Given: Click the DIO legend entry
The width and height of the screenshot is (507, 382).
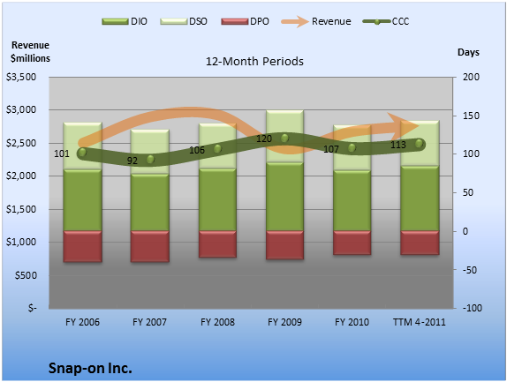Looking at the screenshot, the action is [125, 22].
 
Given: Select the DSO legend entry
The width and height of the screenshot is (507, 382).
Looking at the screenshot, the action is [184, 22].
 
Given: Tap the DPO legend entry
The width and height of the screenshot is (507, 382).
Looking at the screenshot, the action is [245, 22].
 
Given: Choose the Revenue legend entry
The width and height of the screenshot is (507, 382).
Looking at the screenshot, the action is [316, 22].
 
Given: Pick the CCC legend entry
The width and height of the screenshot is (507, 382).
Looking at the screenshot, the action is [386, 22].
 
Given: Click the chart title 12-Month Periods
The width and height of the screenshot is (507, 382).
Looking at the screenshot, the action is [254, 62].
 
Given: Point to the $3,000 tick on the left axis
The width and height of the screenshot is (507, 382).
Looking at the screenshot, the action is [21, 109].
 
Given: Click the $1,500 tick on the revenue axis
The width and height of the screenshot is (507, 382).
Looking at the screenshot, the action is [21, 209].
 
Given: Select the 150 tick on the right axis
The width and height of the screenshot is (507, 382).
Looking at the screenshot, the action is [471, 116].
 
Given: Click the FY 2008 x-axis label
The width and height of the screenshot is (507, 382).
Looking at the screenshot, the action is [217, 322].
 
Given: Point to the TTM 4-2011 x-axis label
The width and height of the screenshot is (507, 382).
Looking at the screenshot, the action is [420, 322].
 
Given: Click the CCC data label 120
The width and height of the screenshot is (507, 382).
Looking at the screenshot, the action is [264, 139].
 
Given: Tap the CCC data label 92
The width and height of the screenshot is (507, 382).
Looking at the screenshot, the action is [132, 161].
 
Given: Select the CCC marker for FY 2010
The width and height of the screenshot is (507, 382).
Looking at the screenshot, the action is [352, 148].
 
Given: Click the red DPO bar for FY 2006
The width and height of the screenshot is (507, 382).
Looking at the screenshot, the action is [83, 246].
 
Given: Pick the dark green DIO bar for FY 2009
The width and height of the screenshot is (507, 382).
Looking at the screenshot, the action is [284, 197].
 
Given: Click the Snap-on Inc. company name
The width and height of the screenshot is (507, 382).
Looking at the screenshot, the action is [90, 368].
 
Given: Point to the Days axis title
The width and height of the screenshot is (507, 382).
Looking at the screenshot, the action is [468, 52].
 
